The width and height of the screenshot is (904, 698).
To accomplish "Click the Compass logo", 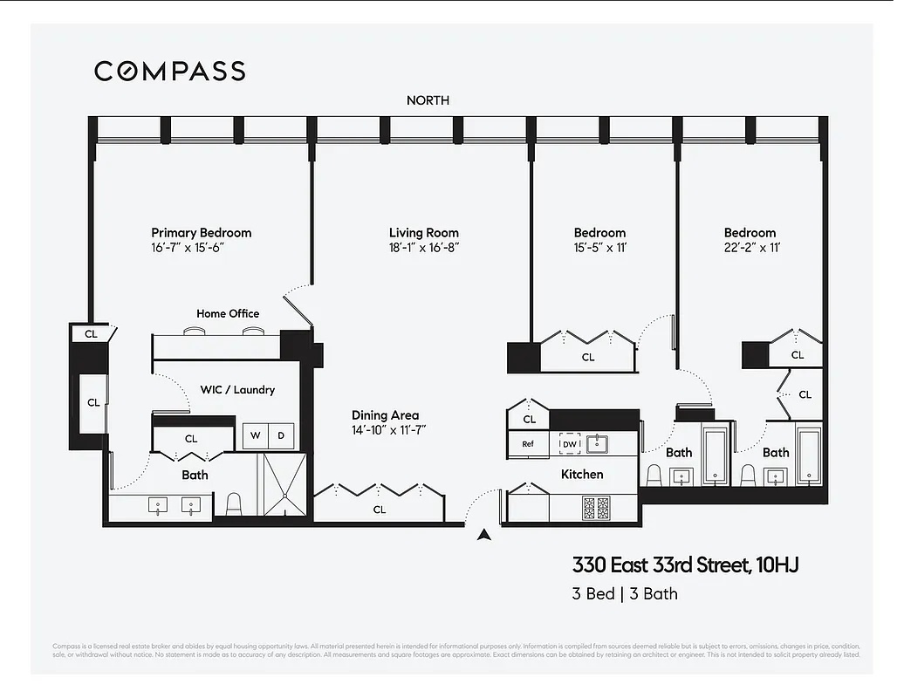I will tap(169, 71).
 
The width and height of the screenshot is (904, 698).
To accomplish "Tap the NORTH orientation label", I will tap(428, 100).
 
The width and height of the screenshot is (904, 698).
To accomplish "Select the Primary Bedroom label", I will tap(201, 233).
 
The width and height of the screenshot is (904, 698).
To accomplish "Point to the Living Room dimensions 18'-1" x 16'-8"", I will tap(423, 248).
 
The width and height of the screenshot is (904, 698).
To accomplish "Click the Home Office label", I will tap(227, 313).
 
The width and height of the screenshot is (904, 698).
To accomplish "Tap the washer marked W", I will tap(256, 435).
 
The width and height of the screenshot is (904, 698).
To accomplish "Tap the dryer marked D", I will tap(281, 435).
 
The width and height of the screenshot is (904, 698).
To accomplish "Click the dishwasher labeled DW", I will tap(569, 444).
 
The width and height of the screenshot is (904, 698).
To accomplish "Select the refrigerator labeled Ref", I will tap(528, 444).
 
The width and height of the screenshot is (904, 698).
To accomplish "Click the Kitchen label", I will tap(582, 474).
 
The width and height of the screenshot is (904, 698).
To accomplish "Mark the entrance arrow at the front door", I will tap(483, 536).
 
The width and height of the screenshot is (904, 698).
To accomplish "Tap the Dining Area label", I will tap(385, 415).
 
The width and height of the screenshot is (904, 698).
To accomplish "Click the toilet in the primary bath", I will tap(233, 503).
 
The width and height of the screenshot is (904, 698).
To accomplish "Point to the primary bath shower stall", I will tap(284, 485).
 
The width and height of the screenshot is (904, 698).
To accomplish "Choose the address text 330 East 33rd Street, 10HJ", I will tap(685, 565).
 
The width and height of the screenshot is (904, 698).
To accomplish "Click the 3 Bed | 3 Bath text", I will tap(625, 594).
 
